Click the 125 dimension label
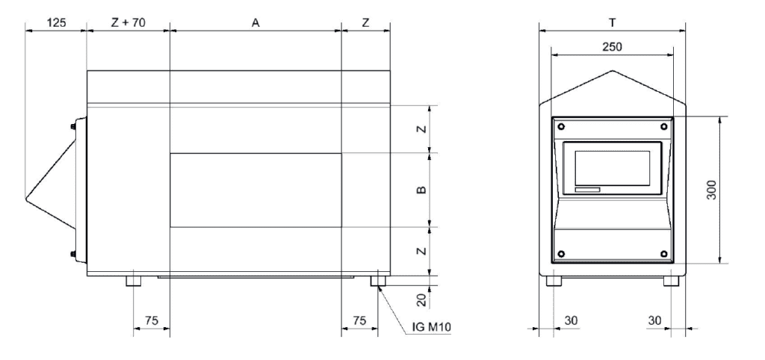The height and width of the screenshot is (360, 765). [x=55, y=22]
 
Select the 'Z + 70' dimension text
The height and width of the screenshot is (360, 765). [x=128, y=22]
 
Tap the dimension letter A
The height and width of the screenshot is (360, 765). [x=255, y=22]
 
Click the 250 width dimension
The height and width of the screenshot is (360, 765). [x=611, y=46]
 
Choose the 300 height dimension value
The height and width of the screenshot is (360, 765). [x=712, y=190]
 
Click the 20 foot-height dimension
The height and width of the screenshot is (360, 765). [x=421, y=300]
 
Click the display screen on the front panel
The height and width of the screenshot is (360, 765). [x=611, y=167]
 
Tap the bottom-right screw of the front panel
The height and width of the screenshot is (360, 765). [x=664, y=252]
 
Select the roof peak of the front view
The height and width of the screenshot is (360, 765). [x=613, y=72]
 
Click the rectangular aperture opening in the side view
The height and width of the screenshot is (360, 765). [x=255, y=190]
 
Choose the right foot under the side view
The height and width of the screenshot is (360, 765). [x=378, y=282]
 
